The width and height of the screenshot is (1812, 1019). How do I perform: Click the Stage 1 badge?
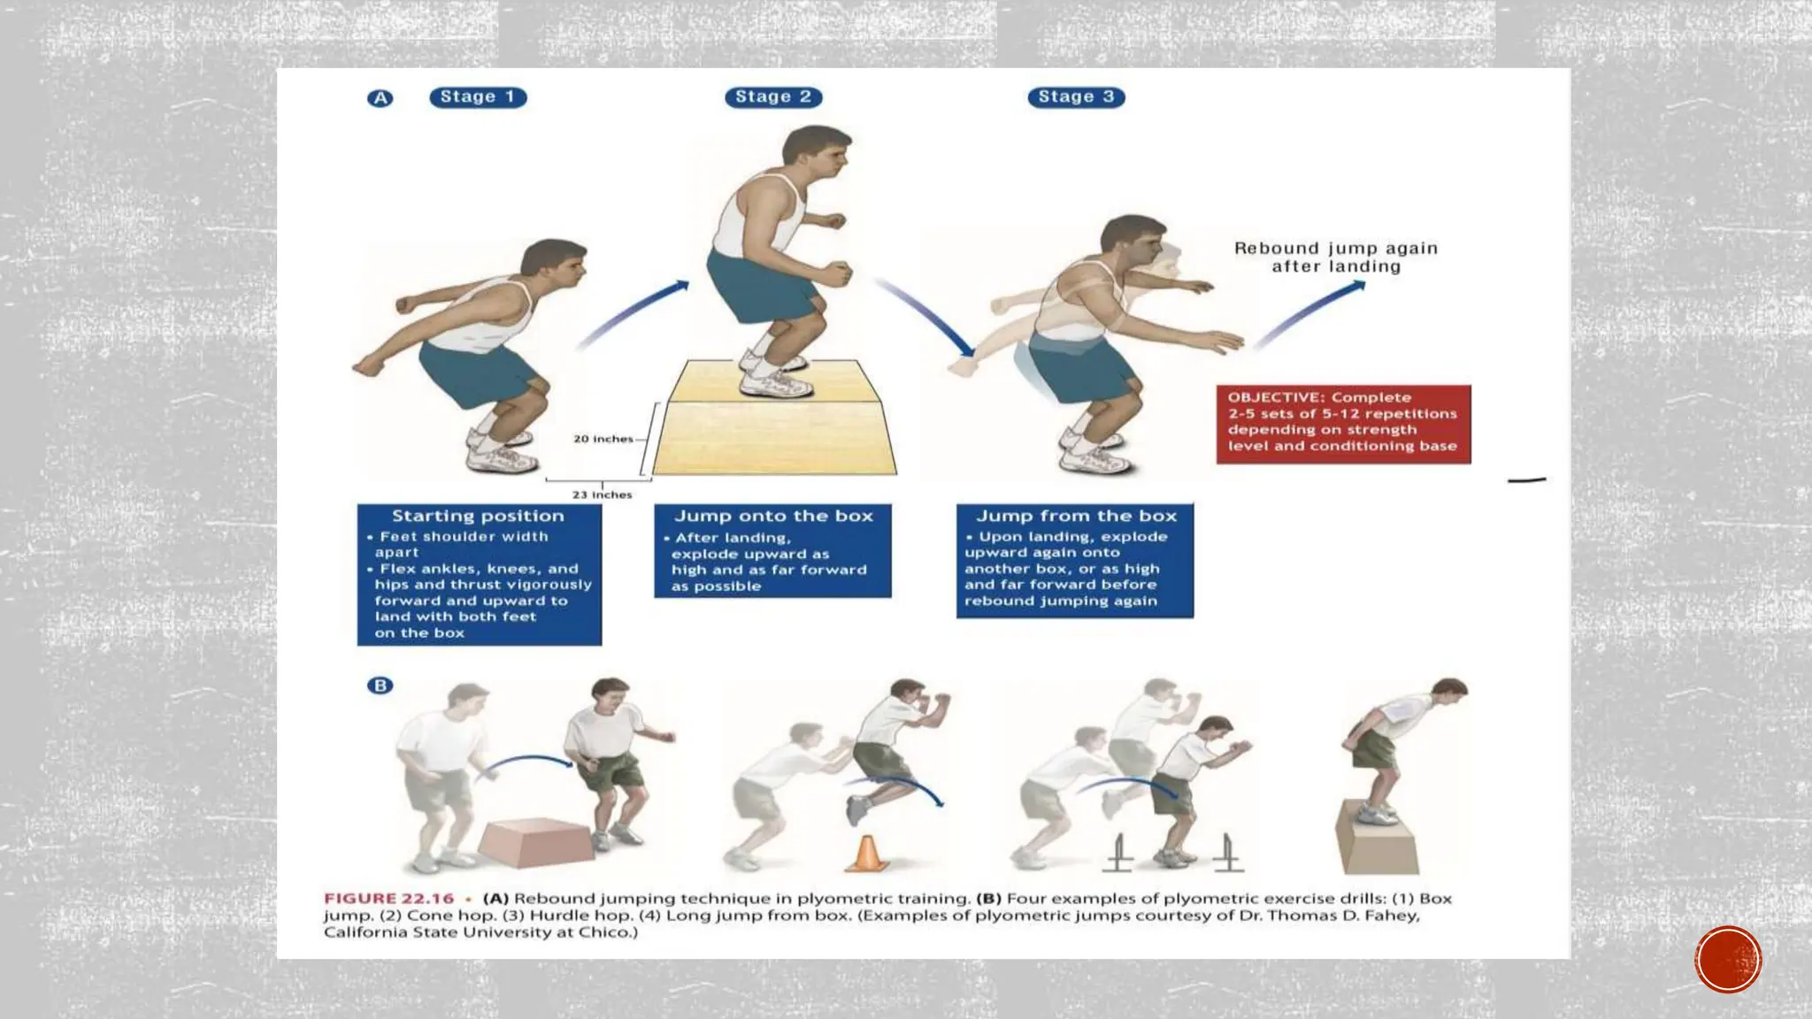point(478,97)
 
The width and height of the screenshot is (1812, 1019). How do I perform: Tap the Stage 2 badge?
point(773,97)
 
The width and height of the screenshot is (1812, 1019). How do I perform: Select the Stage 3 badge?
point(1076,97)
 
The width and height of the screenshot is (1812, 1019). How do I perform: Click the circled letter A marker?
point(380,98)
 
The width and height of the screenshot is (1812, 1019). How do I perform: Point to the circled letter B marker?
point(380,686)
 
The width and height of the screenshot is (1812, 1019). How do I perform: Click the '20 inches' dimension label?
point(603,439)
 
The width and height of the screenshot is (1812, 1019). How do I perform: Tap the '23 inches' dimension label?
point(602,494)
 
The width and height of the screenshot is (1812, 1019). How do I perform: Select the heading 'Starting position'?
point(478,516)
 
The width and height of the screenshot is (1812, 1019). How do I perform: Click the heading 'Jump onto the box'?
point(773,516)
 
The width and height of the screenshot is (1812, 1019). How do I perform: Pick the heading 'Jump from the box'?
point(1076,516)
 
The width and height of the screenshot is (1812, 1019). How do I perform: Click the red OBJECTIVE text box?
point(1343,423)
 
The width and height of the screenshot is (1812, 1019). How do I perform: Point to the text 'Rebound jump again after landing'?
point(1336,257)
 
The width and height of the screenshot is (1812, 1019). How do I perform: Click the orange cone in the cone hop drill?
point(868,854)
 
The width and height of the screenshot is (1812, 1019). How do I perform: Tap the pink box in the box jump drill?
point(535,842)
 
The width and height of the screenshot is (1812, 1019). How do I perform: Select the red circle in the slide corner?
point(1728,960)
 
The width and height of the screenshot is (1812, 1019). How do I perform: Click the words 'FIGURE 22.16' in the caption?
point(388,899)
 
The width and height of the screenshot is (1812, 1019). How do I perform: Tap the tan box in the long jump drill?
point(1376,840)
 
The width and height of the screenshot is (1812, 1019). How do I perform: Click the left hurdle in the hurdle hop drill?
point(1119,854)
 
